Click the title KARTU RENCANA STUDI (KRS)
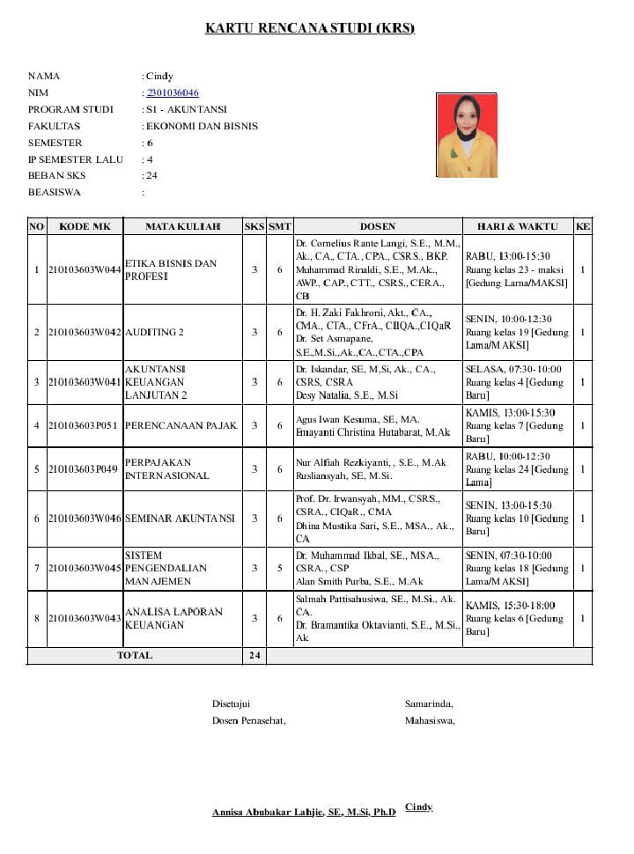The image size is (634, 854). pos(309,28)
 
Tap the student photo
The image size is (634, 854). pos(467,136)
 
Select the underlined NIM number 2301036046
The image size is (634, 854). pos(173,92)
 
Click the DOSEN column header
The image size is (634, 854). pos(378,226)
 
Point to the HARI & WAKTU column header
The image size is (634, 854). pos(518,226)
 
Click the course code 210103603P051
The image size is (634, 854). pos(85,426)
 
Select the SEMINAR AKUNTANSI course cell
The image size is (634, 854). pos(180,519)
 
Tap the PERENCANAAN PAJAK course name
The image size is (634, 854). pos(181,426)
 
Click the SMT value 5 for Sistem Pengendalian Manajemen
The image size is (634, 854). pos(280,568)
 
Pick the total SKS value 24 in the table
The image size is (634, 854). pos(254,656)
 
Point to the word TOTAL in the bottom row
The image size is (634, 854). pos(135,656)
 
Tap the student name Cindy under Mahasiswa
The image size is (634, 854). pos(418,807)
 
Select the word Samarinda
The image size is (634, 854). pos(429,703)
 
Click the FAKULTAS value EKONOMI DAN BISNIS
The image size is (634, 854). pos(202,126)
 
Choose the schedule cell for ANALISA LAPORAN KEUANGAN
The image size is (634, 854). pos(518,618)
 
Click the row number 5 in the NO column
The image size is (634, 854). pos(37,469)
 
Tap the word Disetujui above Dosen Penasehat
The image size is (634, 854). pos(232,703)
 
